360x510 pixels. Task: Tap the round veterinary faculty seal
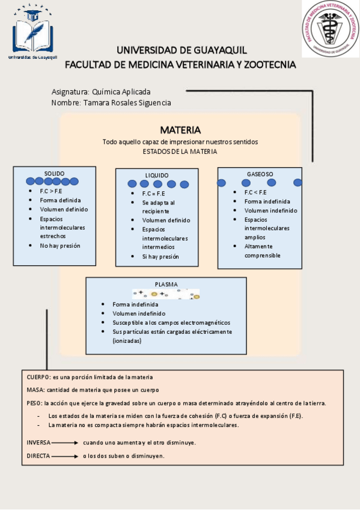(331, 29)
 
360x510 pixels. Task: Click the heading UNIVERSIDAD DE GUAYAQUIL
(182, 50)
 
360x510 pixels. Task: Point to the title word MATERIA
(180, 130)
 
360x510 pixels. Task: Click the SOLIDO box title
(54, 173)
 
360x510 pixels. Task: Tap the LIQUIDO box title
(157, 175)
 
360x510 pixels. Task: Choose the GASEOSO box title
(260, 174)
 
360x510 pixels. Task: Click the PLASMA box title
(166, 284)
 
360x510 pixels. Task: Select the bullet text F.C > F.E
(51, 191)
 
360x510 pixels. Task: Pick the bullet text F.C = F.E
(153, 194)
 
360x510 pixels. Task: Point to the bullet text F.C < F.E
(255, 192)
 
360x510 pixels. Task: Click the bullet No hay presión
(60, 245)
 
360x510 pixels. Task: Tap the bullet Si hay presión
(160, 256)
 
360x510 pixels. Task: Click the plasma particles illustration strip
(165, 293)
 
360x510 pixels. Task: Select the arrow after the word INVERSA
(65, 442)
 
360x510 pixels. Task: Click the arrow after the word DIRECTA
(65, 456)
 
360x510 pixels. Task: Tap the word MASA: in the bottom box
(35, 390)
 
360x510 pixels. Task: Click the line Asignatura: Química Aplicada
(101, 92)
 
